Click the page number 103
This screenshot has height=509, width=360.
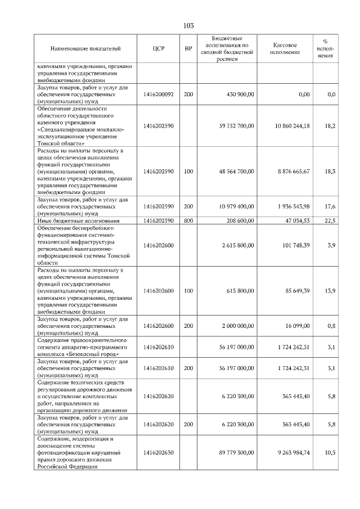pyautogui.click(x=188, y=25)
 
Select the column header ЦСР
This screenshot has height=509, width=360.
pyautogui.click(x=158, y=49)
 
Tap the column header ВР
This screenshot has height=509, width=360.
pyautogui.click(x=188, y=49)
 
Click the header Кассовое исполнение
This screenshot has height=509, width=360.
pyautogui.click(x=285, y=49)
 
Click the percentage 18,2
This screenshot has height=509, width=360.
pyautogui.click(x=330, y=125)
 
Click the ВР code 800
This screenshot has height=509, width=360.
pyautogui.click(x=188, y=221)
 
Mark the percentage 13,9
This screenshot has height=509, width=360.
pyautogui.click(x=330, y=291)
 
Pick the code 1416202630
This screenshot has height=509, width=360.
pyautogui.click(x=158, y=452)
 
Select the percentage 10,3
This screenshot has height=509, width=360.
pyautogui.click(x=330, y=452)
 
